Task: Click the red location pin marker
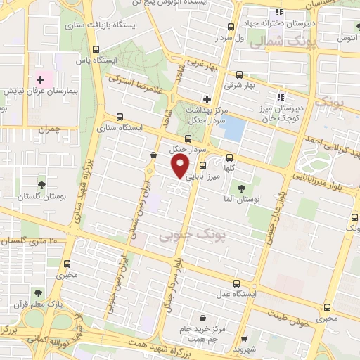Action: click(x=180, y=167)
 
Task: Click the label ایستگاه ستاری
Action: click(x=141, y=129)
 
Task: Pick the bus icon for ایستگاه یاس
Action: click(x=95, y=49)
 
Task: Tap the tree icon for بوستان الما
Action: click(x=241, y=188)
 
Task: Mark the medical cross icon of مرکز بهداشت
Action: click(x=206, y=98)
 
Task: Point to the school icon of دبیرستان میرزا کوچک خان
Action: click(x=281, y=97)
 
